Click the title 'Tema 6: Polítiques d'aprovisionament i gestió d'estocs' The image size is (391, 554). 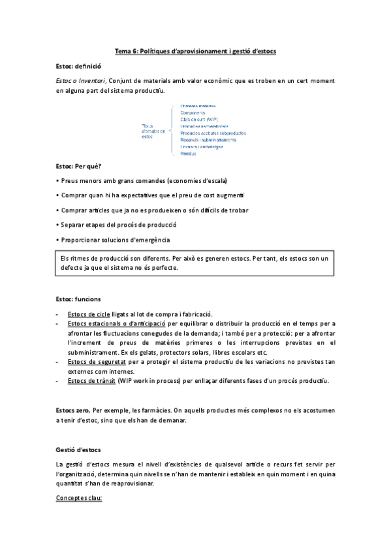click(x=195, y=51)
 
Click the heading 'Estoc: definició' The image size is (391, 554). click(x=79, y=66)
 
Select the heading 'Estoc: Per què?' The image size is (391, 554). click(x=79, y=167)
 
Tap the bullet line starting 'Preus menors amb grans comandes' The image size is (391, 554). click(x=145, y=180)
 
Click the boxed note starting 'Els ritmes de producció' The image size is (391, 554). click(x=195, y=263)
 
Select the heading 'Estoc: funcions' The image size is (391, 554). click(x=78, y=299)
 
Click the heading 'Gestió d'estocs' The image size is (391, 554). click(x=78, y=451)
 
